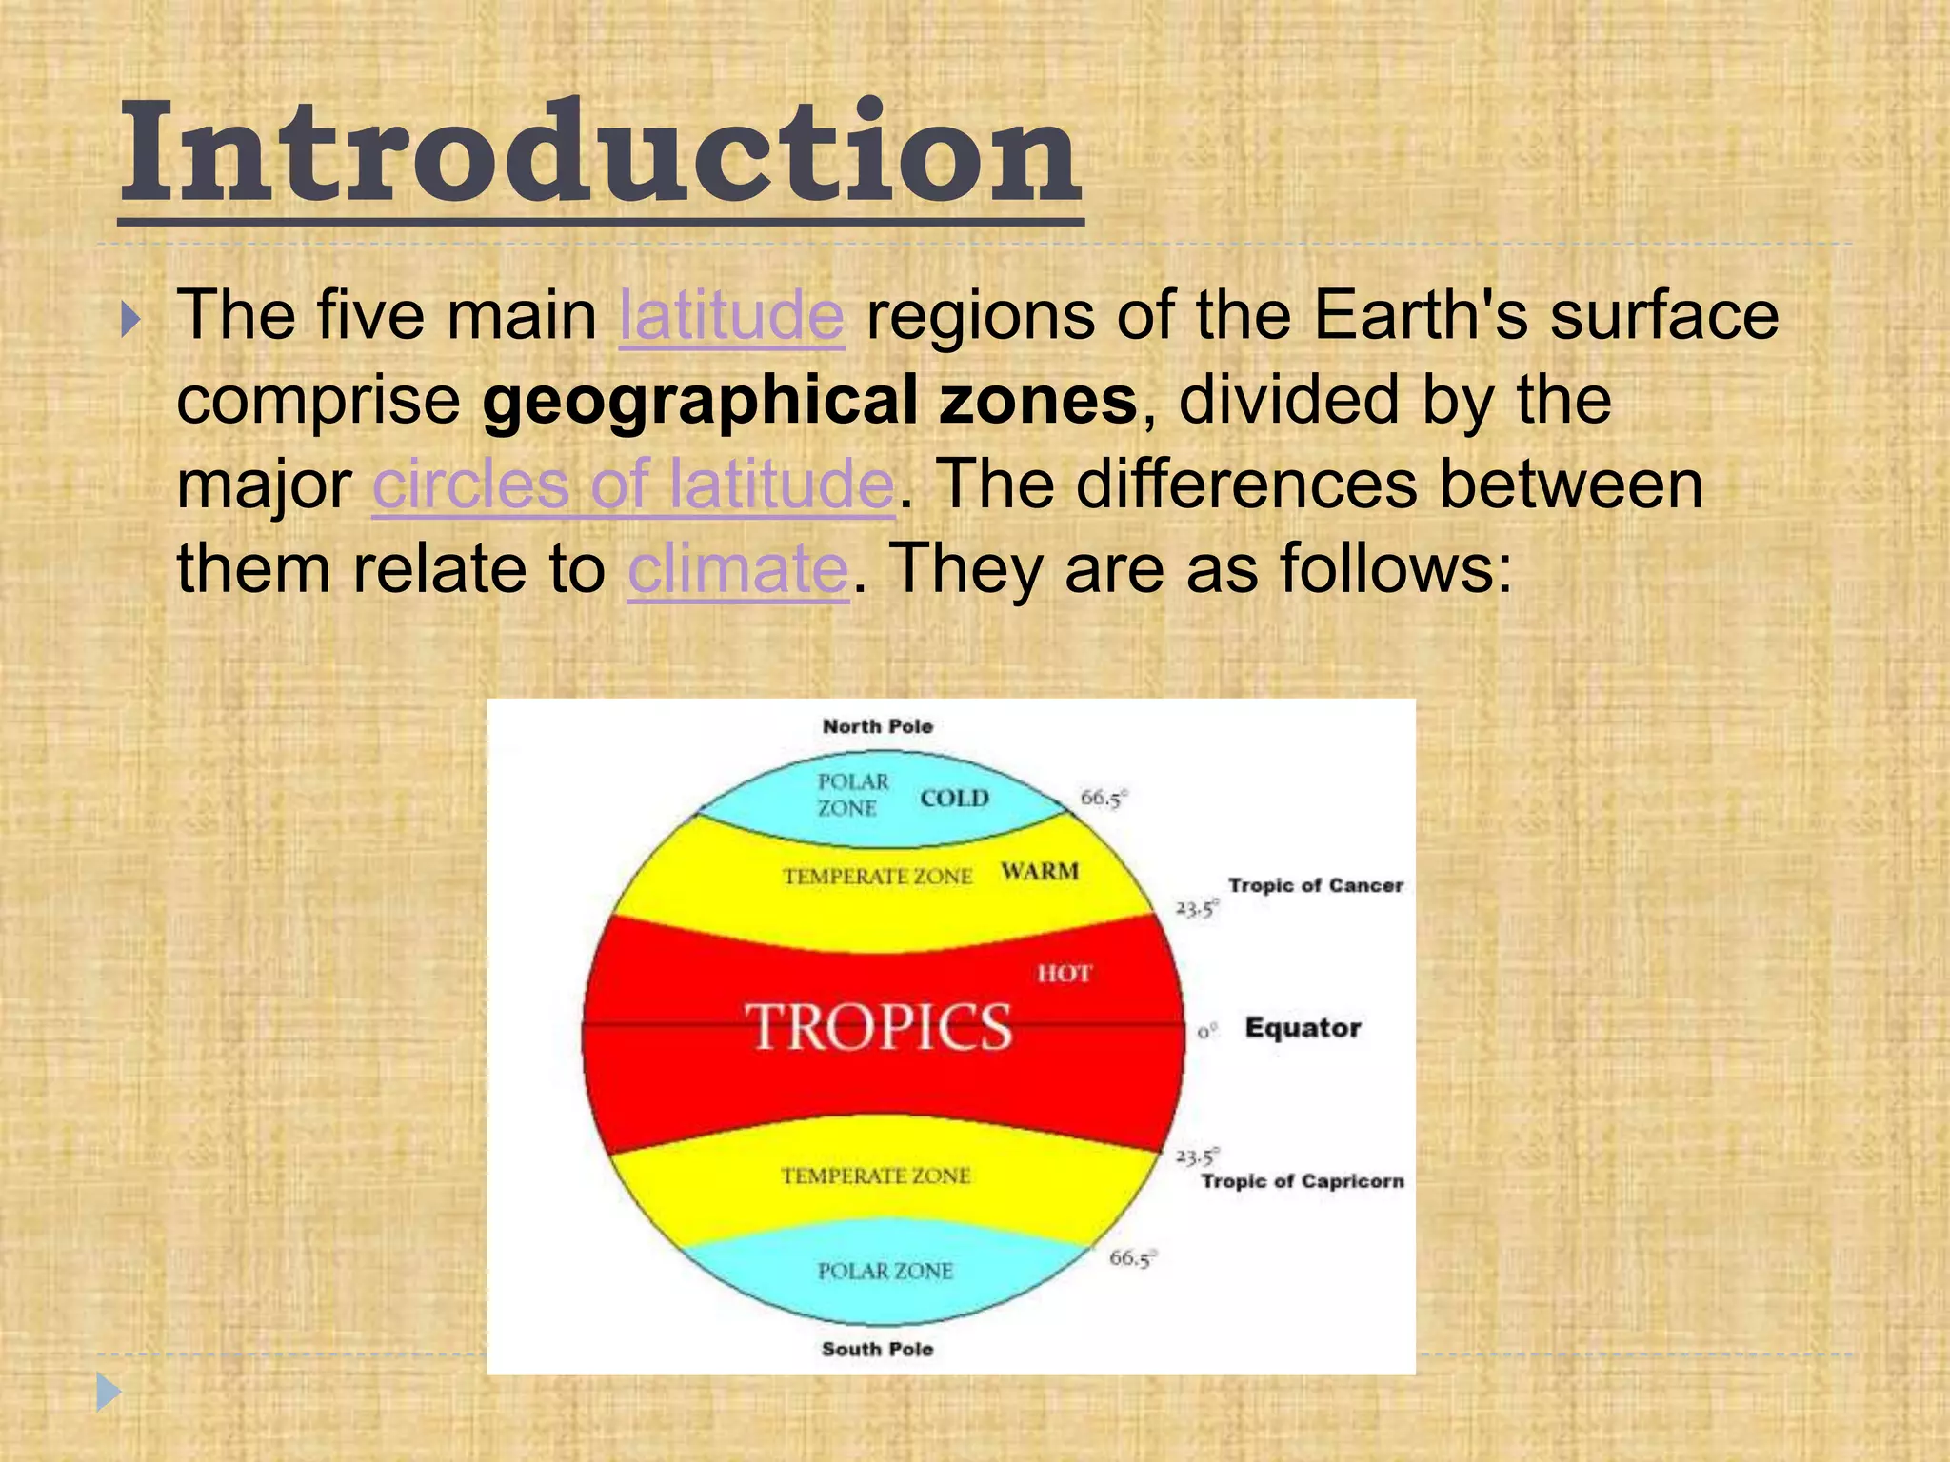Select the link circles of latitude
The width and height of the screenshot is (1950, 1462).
(x=633, y=484)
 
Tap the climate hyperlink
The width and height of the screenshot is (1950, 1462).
(x=737, y=569)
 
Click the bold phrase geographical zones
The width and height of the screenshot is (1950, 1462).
(x=809, y=400)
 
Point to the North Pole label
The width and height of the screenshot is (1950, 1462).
(x=877, y=726)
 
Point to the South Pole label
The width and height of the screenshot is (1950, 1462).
(x=877, y=1349)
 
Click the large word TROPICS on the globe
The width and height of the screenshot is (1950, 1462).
(x=878, y=1027)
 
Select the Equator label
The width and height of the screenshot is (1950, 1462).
(x=1303, y=1028)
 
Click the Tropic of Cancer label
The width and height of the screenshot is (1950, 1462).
(x=1315, y=885)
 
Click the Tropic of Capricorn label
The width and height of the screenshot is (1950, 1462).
(x=1302, y=1181)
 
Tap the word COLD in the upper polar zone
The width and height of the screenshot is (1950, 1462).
(x=954, y=798)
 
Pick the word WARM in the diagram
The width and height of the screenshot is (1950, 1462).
(x=1040, y=871)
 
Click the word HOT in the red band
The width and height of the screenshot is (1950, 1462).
(x=1064, y=973)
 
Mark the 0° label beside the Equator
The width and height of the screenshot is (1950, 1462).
(x=1206, y=1031)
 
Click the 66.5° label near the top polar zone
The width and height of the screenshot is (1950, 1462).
(x=1103, y=798)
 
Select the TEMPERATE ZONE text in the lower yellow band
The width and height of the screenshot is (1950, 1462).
(x=876, y=1176)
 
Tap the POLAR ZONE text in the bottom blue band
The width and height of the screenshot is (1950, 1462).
(x=885, y=1271)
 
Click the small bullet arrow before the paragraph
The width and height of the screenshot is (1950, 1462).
(x=130, y=320)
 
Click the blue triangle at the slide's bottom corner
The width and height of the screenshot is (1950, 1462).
(x=108, y=1393)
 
